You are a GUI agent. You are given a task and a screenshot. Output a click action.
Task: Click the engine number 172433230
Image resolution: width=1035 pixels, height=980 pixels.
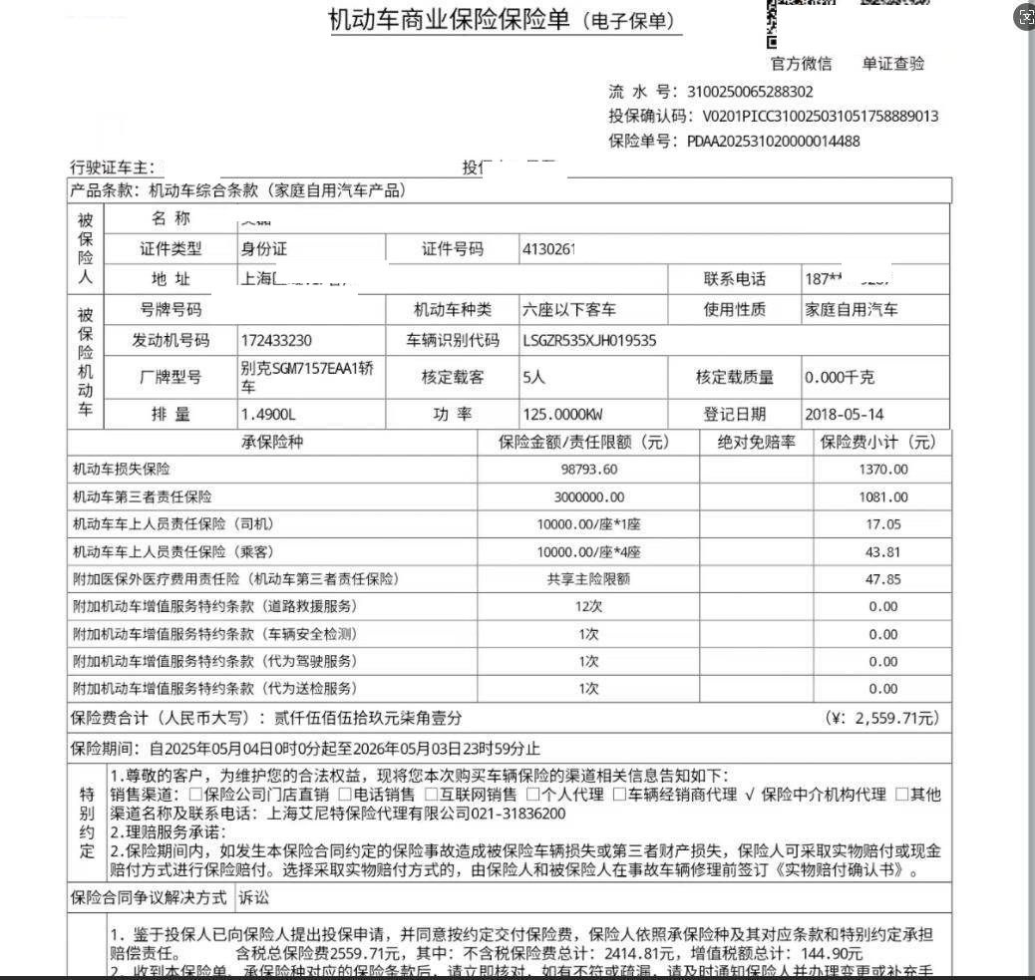coord(277,341)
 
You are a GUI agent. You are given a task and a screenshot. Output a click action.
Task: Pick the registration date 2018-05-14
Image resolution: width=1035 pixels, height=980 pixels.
coord(844,415)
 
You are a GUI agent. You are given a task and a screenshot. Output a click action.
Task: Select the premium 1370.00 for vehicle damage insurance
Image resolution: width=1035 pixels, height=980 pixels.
coord(882,470)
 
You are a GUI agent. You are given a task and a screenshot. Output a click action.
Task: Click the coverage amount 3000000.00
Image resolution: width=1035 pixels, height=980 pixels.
coord(588,496)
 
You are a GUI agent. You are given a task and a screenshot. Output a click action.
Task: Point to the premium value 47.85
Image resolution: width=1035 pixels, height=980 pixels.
coord(882,579)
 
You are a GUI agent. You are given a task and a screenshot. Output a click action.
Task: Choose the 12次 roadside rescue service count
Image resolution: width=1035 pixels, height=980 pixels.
coord(588,606)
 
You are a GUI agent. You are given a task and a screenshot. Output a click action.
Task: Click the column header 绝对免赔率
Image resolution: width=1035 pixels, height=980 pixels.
coord(756,442)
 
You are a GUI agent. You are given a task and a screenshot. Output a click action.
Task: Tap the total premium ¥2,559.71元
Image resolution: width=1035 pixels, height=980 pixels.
coord(881,718)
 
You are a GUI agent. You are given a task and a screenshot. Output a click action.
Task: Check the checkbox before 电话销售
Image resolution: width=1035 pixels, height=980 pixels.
coord(344,796)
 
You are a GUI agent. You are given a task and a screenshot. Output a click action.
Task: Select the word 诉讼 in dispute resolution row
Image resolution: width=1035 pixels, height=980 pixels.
coord(254,898)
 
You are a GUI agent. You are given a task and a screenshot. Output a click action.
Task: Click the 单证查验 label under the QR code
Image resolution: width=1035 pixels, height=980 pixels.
coord(892,64)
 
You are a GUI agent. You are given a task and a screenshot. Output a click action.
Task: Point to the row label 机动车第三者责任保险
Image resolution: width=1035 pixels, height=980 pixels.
coord(142,496)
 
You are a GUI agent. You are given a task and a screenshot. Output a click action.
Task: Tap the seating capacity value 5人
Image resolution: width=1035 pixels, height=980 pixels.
coord(533,378)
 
